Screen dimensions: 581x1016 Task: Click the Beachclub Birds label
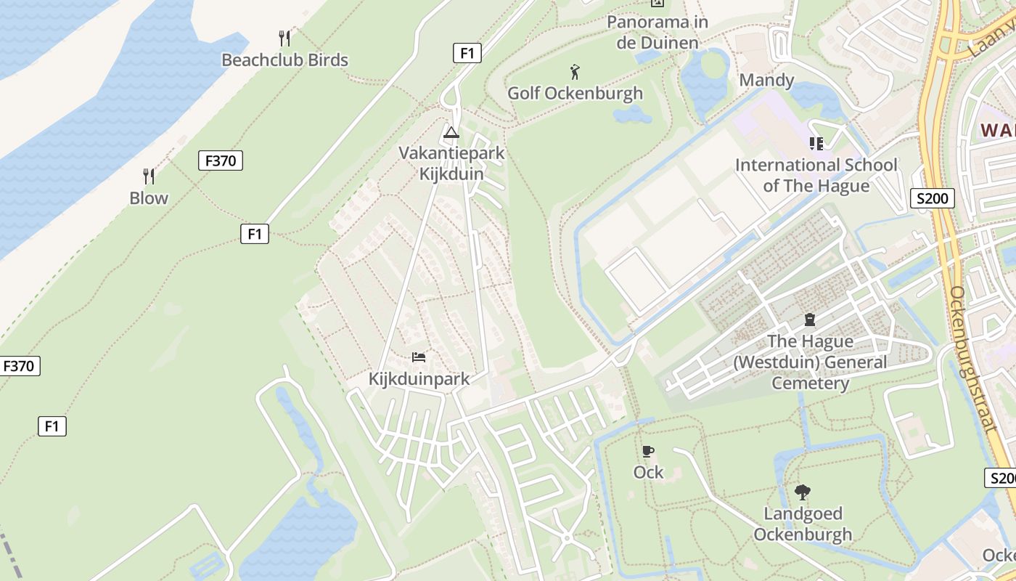coord(284,60)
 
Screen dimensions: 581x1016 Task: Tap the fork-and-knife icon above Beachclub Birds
coord(284,38)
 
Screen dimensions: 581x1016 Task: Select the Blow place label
coord(149,198)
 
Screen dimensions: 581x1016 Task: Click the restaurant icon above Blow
coord(149,176)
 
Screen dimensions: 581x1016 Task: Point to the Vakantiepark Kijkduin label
coord(451,163)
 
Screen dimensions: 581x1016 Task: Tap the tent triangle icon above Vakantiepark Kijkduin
coord(451,133)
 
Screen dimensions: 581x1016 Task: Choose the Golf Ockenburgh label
coord(575,93)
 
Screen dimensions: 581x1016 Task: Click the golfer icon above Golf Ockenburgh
coord(575,72)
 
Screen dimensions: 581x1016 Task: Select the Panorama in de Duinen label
coord(657,32)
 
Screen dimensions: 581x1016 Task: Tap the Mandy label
coord(766,80)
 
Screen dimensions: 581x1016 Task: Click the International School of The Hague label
coord(816,175)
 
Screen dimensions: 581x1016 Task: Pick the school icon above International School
coord(816,144)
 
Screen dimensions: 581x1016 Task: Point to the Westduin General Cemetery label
coord(810,362)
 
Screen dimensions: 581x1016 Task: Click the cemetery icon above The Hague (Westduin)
coord(810,320)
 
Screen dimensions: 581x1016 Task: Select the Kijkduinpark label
coord(419,378)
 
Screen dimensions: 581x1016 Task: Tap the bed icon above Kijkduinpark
coord(419,357)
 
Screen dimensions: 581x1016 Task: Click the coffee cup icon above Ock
coord(648,451)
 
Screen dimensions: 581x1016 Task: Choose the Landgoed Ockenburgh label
coord(803,524)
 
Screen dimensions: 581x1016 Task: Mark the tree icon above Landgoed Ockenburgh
coord(803,492)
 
